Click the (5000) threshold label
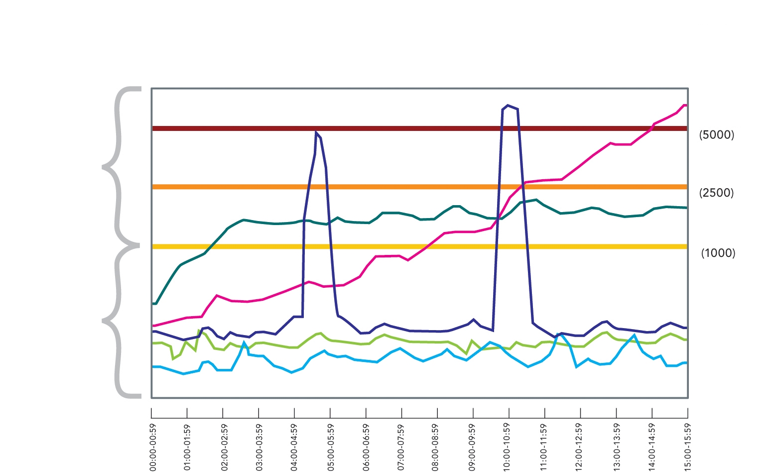(x=716, y=135)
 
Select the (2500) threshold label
(x=716, y=193)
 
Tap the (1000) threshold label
(x=718, y=253)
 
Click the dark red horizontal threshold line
(x=398, y=128)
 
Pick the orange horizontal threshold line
(x=398, y=187)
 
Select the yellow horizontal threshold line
(x=398, y=246)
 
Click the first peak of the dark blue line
(x=316, y=132)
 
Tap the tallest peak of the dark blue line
(x=508, y=106)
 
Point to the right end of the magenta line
(x=686, y=106)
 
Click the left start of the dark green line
(x=153, y=303)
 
